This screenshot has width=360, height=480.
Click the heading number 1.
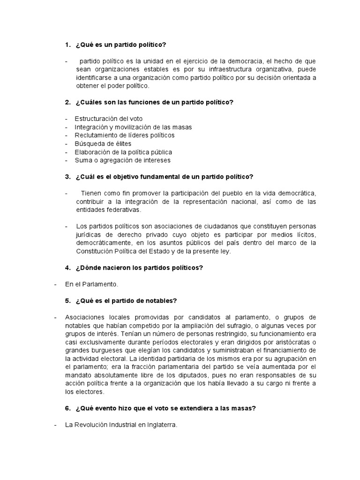pos(67,45)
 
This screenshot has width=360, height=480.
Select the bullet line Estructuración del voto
pos(108,119)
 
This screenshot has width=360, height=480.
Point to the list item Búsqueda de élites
pos(103,143)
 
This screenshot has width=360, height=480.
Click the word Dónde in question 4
pos(88,268)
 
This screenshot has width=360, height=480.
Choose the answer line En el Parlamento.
pos(91,284)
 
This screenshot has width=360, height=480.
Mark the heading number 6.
pos(67,408)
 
